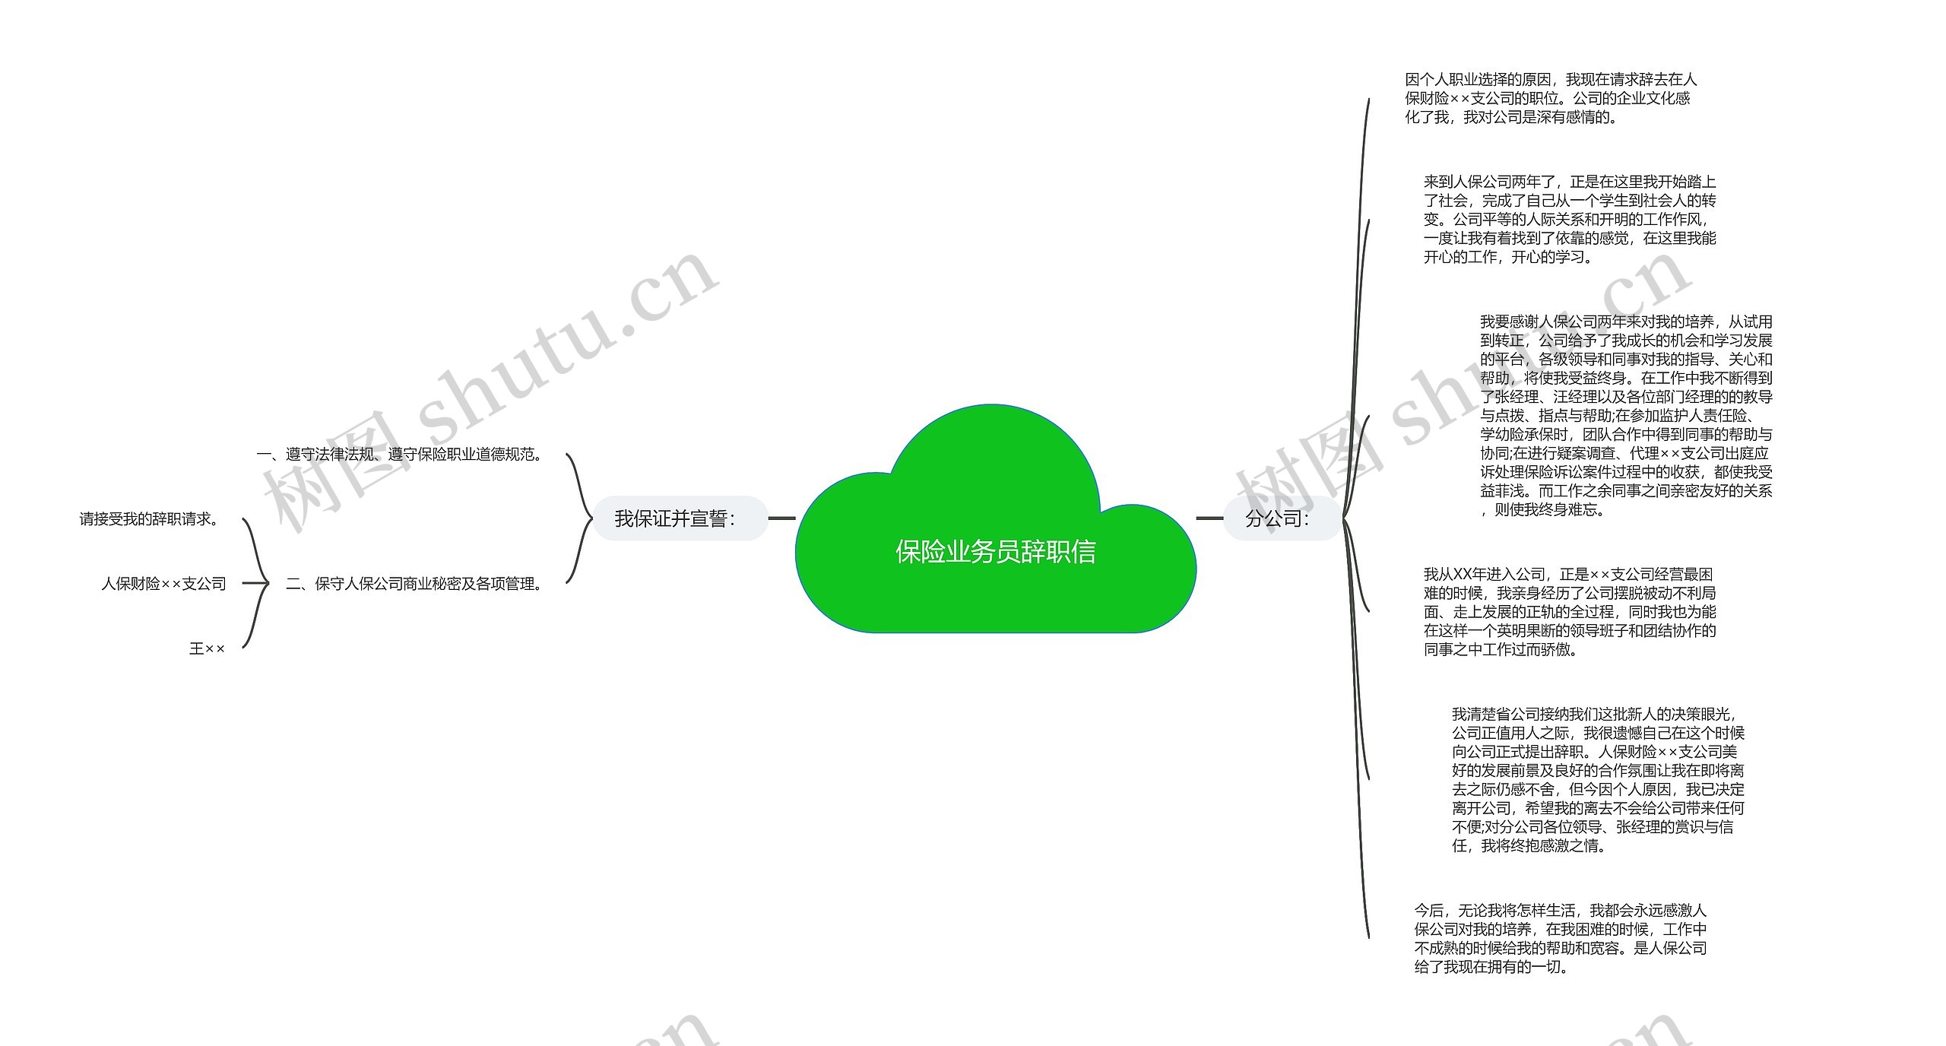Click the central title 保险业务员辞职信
(x=995, y=552)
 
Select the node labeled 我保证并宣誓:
(x=675, y=518)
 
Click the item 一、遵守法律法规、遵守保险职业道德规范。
(x=400, y=455)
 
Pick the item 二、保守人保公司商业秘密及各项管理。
(x=414, y=584)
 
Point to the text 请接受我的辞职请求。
(x=149, y=519)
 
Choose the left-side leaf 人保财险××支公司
(x=163, y=584)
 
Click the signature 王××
(x=207, y=648)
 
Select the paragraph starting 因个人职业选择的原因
(x=1551, y=99)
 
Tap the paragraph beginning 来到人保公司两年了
(x=1570, y=220)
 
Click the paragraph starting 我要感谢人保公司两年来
(x=1626, y=416)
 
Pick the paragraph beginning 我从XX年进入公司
(x=1570, y=612)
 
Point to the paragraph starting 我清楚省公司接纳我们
(x=1598, y=780)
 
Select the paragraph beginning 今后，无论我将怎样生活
(x=1561, y=939)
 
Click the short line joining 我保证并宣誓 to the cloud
(x=781, y=518)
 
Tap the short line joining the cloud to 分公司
(x=1209, y=518)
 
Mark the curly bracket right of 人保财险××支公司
(x=255, y=584)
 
